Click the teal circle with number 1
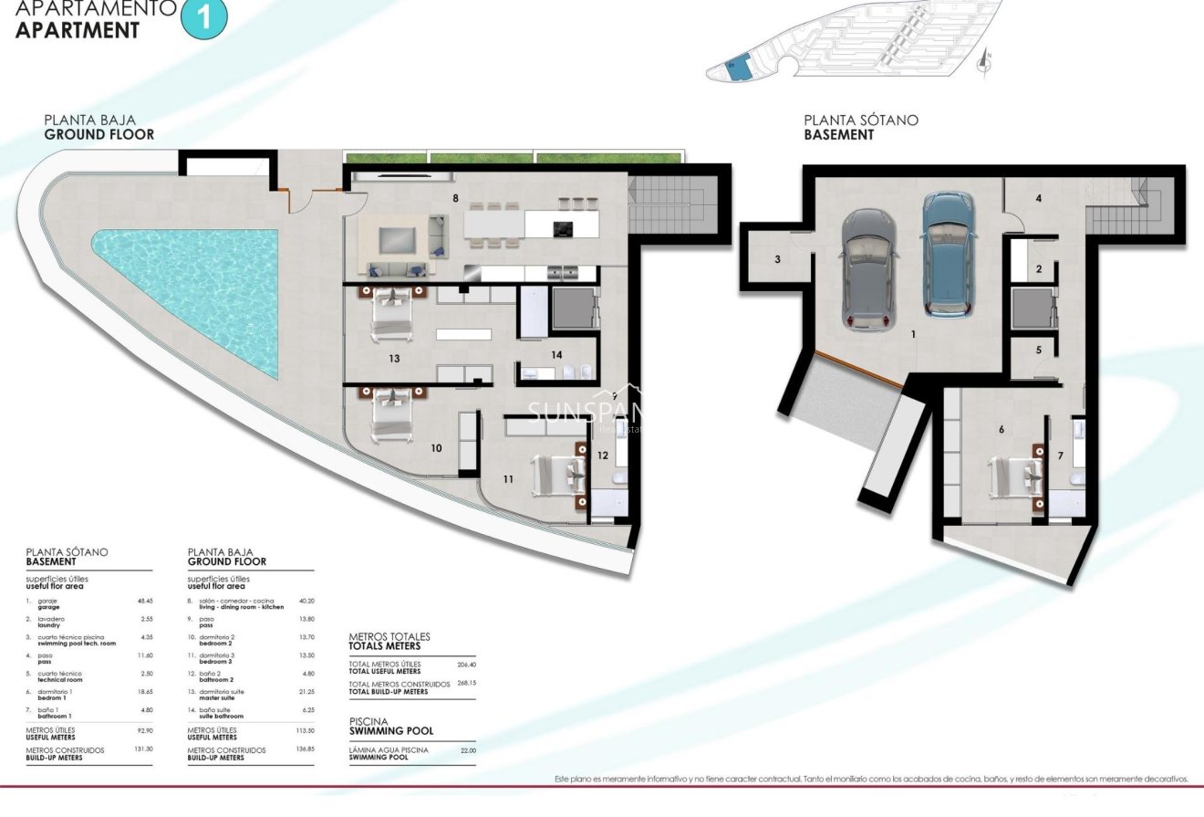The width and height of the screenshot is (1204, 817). point(202,19)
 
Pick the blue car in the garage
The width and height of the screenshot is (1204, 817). point(948,253)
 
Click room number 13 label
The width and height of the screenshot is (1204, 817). point(394,359)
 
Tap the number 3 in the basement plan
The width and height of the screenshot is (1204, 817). point(777,259)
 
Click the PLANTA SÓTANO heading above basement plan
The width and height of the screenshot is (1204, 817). point(860,120)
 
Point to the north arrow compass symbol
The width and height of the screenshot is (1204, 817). point(983,62)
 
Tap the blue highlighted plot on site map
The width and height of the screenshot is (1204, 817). point(736,68)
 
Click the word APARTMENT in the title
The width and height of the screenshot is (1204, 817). point(78,29)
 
